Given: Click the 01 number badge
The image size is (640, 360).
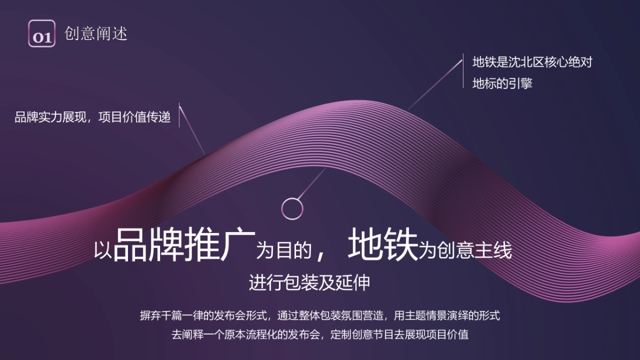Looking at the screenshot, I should [x=42, y=34].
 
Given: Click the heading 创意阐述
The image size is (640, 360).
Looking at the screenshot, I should [x=96, y=34].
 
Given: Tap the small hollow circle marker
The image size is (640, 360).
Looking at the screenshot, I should [x=292, y=208].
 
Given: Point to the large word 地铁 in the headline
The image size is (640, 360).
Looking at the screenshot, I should [x=382, y=245].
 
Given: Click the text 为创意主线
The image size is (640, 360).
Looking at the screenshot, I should [x=466, y=250].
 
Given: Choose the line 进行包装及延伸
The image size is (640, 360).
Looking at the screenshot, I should [x=309, y=283].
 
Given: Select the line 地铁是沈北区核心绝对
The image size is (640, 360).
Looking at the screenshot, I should [x=532, y=62].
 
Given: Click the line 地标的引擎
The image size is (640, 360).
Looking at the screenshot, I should [x=502, y=84].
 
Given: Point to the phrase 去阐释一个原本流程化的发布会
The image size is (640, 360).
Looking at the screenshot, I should [x=245, y=335].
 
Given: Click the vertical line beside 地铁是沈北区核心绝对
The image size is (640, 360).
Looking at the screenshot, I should [x=463, y=73].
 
